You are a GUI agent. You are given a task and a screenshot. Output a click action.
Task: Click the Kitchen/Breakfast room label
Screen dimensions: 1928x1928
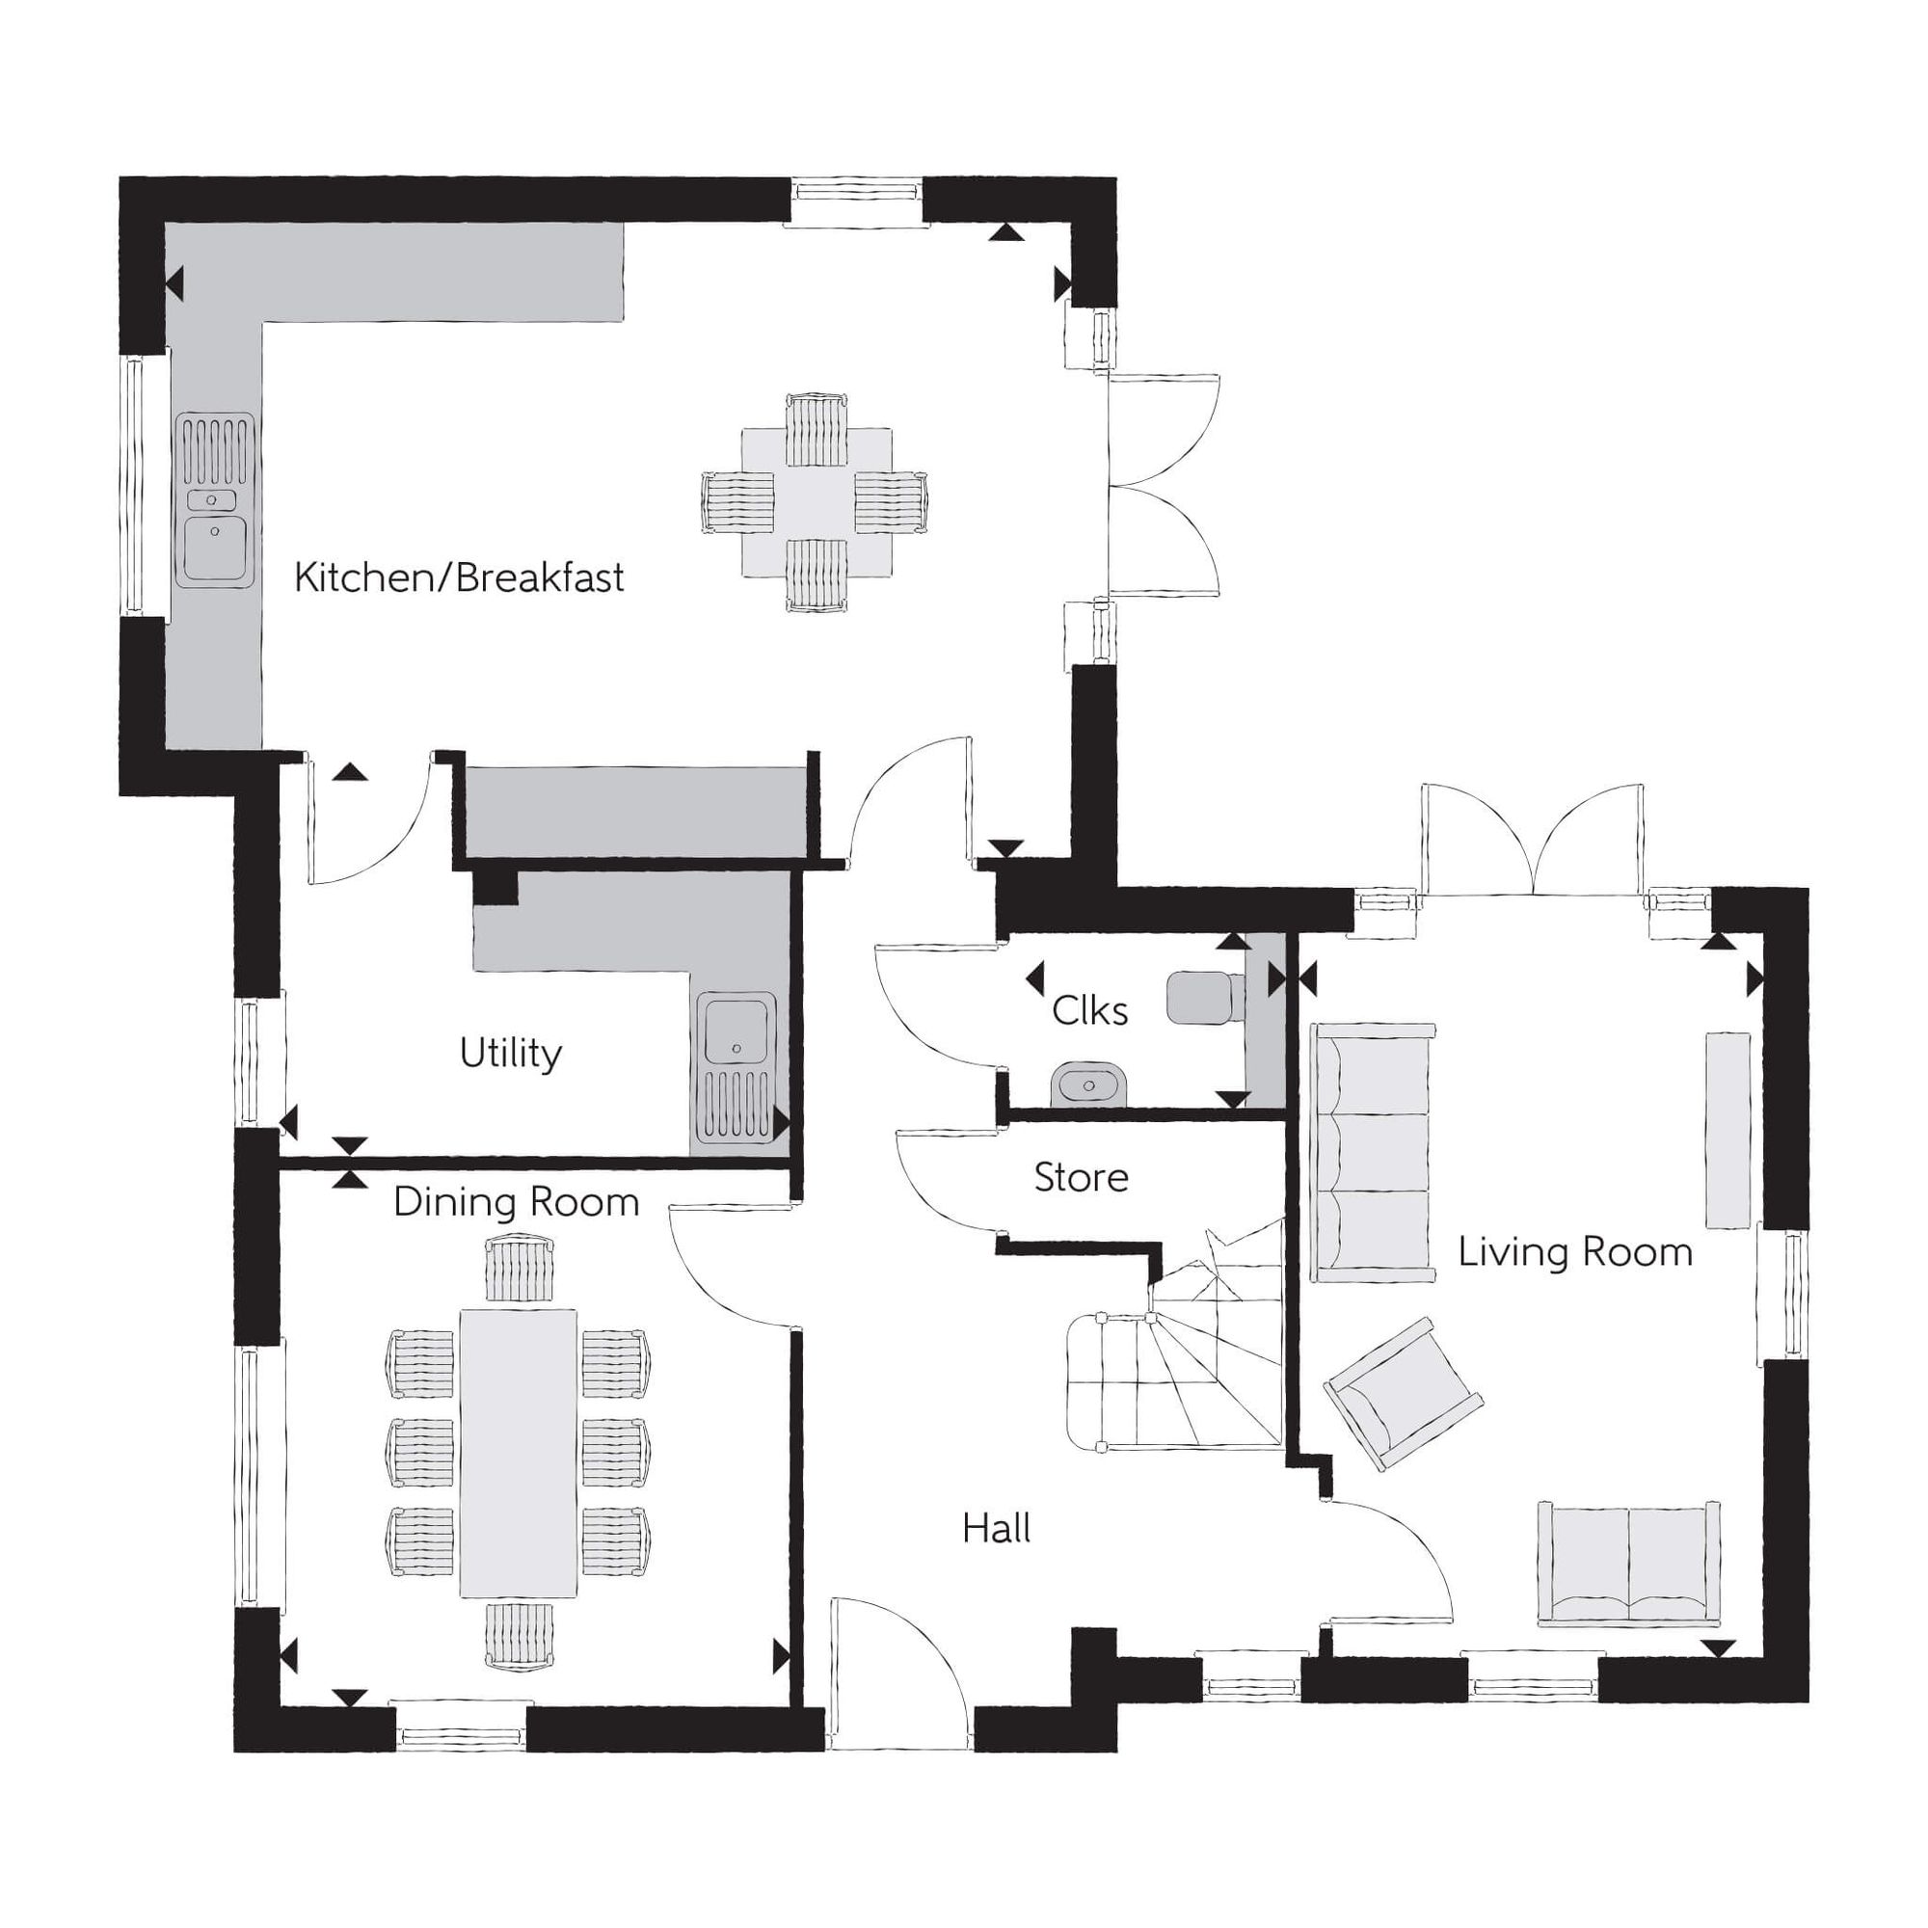click(459, 577)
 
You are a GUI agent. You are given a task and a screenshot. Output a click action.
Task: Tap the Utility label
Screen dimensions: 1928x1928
click(511, 1053)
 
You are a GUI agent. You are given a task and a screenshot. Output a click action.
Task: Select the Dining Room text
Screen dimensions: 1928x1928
click(516, 1202)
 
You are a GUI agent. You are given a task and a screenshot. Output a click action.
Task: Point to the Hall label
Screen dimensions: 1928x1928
click(996, 1528)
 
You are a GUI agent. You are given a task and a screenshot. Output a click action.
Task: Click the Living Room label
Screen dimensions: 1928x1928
click(1575, 1251)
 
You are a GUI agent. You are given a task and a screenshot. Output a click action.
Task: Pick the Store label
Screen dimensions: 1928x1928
click(1081, 1178)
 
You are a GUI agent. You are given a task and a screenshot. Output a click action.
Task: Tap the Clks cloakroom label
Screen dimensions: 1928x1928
click(1089, 1011)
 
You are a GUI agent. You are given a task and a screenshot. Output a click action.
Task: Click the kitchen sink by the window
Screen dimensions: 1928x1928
click(215, 499)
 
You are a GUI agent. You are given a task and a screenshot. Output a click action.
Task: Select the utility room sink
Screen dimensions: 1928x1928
click(737, 1068)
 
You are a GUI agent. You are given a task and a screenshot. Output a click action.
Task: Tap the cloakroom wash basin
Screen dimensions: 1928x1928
click(1088, 1084)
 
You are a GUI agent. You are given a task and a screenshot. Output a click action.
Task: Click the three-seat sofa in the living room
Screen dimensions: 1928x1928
click(1374, 1153)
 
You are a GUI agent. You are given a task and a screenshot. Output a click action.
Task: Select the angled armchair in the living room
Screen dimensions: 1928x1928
click(1403, 1394)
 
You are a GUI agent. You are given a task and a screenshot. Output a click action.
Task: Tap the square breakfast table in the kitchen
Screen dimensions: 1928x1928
click(817, 503)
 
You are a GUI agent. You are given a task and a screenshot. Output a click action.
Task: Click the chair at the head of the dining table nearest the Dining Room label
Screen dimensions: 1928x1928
click(519, 1269)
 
